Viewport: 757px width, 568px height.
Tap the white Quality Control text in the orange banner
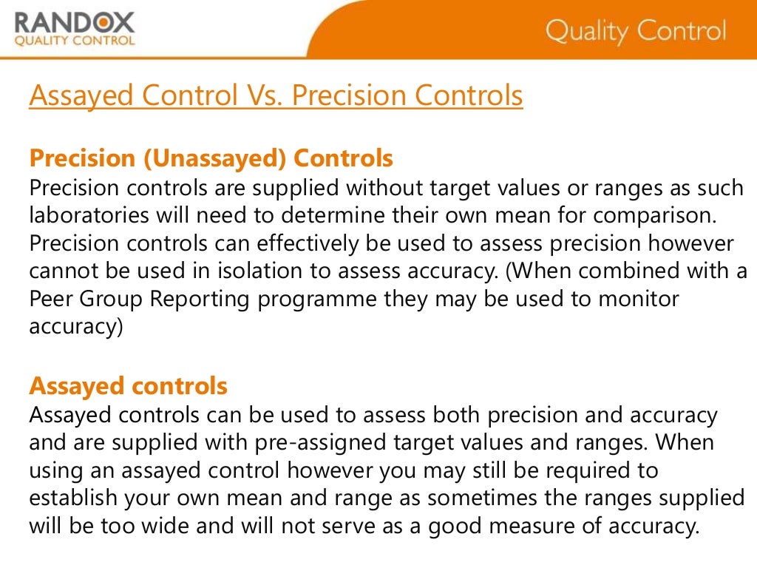(636, 32)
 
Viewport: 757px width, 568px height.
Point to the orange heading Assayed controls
(128, 386)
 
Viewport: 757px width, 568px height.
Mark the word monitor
(634, 299)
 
